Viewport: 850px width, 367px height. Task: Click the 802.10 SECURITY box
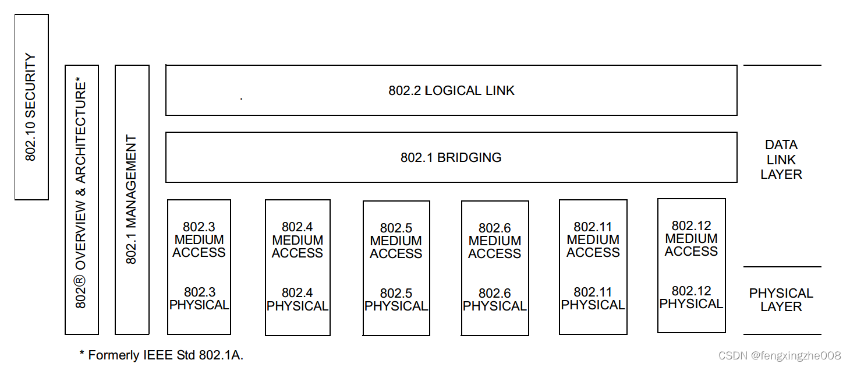31,107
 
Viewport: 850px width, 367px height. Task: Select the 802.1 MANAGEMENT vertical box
132,200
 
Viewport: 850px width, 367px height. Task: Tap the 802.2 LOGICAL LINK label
452,91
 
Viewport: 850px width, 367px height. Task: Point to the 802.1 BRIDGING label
451,157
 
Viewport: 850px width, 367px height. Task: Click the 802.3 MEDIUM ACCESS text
199,240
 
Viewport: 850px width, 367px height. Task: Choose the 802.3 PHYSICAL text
199,299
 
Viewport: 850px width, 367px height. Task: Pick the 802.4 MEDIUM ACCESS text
297,240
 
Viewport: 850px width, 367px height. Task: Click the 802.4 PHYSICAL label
297,299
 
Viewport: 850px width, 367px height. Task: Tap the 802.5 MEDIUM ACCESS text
396,241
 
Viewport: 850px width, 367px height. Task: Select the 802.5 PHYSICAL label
396,300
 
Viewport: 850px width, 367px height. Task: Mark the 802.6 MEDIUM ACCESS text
495,241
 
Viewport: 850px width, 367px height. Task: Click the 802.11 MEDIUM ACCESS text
593,240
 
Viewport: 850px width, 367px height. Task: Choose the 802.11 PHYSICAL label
593,299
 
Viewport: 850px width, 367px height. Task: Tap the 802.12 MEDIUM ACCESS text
692,239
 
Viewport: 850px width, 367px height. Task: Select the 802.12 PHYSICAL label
692,298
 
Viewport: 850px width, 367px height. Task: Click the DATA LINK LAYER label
781,160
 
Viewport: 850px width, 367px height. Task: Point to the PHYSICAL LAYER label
781,300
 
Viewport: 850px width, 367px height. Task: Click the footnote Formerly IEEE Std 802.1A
161,355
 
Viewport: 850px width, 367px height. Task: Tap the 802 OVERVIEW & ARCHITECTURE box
82,200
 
